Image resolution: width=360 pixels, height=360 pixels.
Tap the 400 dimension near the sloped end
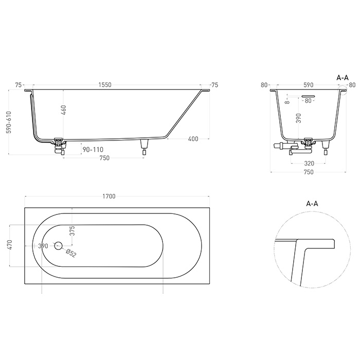point(193,139)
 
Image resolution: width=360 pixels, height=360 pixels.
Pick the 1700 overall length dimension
point(109,196)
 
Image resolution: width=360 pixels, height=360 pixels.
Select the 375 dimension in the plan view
point(73,230)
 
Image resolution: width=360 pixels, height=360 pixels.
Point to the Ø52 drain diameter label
point(71,253)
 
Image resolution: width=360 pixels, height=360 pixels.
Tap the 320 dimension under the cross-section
point(309,164)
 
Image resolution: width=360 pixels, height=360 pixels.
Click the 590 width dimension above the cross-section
point(309,85)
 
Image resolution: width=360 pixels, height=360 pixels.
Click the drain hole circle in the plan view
point(58,246)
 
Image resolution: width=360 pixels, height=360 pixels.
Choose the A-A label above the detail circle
point(312,204)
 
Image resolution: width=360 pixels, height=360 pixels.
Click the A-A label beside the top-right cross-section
point(343,77)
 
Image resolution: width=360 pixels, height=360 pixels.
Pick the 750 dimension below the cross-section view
point(309,172)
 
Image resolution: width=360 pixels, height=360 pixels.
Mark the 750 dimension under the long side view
point(104,158)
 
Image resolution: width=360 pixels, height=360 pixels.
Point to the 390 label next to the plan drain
point(43,246)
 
